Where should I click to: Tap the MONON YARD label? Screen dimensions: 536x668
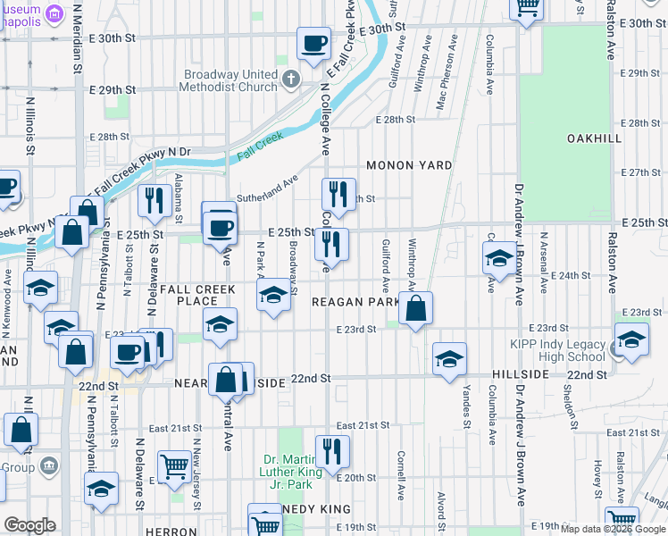[x=408, y=166]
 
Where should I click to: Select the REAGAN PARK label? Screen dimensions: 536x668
[x=355, y=302]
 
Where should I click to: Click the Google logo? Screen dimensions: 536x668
[x=29, y=525]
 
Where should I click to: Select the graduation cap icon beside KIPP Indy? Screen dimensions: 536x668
[x=631, y=339]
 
